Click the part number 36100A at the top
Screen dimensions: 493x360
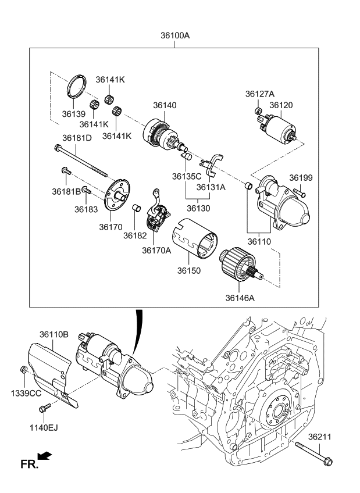[x=175, y=35]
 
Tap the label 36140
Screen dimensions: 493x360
[x=165, y=105]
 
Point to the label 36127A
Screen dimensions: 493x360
[x=259, y=94]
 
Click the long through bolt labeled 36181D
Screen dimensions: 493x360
[x=82, y=160]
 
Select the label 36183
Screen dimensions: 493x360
[x=85, y=209]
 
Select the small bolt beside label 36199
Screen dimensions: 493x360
[x=298, y=191]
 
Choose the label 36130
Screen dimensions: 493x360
[x=198, y=208]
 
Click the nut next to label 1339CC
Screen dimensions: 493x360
[x=23, y=370]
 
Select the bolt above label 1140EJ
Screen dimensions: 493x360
[x=42, y=410]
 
